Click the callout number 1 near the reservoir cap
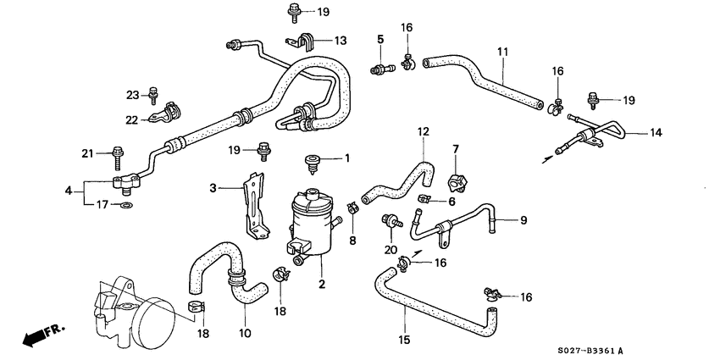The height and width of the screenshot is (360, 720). [346, 158]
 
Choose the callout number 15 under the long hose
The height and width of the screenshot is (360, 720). [404, 340]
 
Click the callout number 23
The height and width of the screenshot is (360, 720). [131, 94]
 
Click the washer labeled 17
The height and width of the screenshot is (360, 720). [126, 205]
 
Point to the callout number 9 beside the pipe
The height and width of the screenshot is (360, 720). [523, 221]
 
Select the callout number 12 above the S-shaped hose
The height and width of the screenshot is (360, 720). [424, 132]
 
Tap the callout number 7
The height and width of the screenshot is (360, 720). [455, 150]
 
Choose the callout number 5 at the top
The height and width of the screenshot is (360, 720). [380, 39]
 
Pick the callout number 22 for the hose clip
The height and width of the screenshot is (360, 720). [131, 119]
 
